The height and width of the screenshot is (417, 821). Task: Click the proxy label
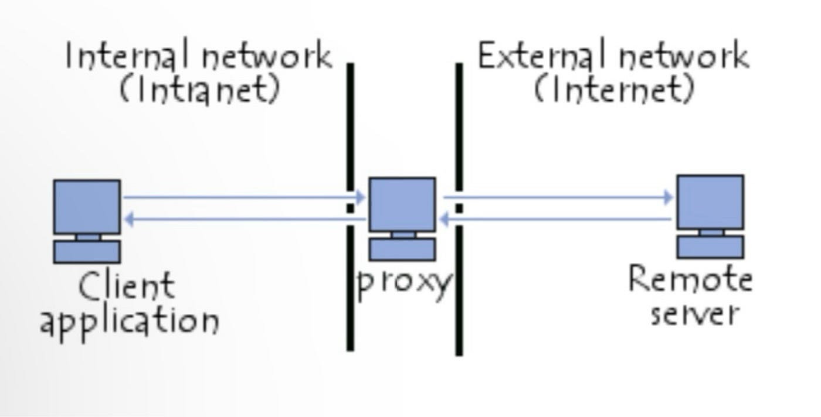click(x=404, y=283)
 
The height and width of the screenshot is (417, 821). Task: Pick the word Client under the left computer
click(x=127, y=286)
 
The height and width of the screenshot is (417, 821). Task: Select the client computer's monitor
click(x=87, y=206)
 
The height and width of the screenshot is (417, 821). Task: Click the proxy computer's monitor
click(x=402, y=204)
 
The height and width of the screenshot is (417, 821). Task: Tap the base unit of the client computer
click(x=87, y=251)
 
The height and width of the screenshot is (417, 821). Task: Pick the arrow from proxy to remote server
click(x=557, y=197)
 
